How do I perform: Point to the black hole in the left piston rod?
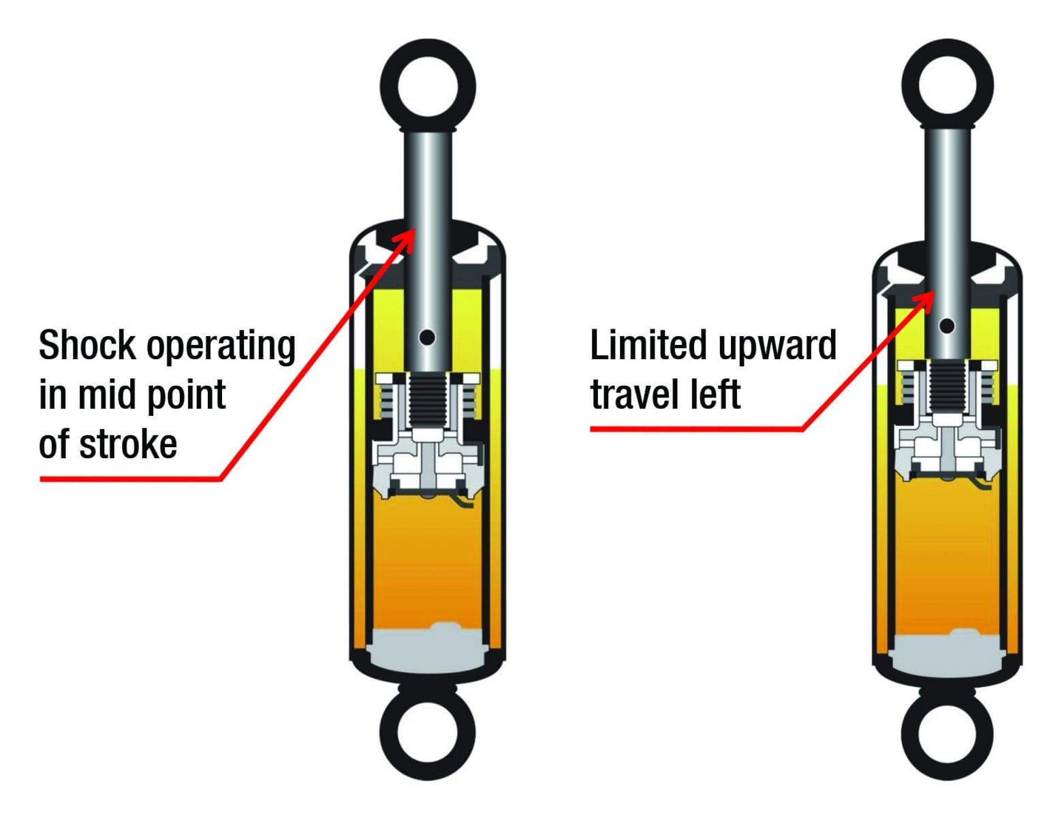(428, 337)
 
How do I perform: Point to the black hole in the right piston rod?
(948, 326)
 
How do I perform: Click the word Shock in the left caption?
(87, 346)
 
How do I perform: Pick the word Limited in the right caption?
(648, 345)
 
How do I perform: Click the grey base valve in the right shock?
(948, 652)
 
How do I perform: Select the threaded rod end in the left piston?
(428, 399)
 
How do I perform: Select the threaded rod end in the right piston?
(948, 389)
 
